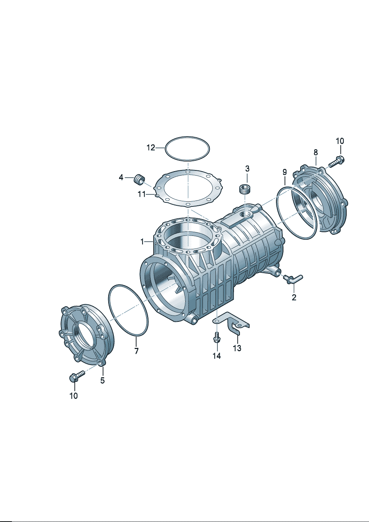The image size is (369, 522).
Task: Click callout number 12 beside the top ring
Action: (151, 148)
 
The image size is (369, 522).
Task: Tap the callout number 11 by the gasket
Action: (142, 194)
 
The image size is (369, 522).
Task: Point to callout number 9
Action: (285, 172)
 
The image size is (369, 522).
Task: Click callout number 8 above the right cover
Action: (315, 153)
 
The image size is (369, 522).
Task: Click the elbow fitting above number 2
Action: (293, 278)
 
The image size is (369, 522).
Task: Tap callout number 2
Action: (294, 297)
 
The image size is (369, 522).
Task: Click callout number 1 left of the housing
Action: (142, 242)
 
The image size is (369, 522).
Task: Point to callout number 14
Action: (216, 356)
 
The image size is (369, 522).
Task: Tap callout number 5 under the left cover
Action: (103, 381)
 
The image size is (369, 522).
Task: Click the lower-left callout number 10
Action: (74, 396)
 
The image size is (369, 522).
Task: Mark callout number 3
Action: (247, 168)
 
